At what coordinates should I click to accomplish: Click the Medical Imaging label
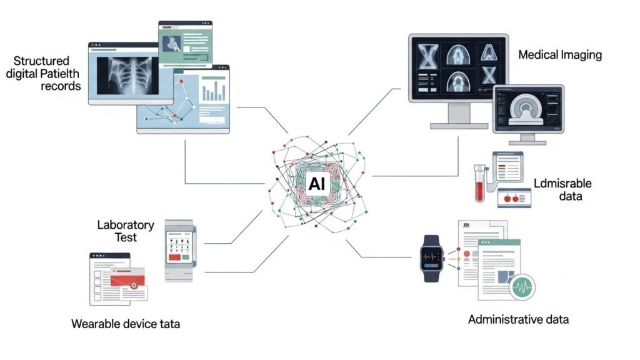pyautogui.click(x=560, y=55)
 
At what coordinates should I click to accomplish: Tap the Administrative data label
pyautogui.click(x=518, y=320)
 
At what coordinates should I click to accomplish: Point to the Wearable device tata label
pyautogui.click(x=126, y=324)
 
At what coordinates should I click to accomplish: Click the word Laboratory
pyautogui.click(x=125, y=224)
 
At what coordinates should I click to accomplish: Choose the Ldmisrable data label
pyautogui.click(x=562, y=189)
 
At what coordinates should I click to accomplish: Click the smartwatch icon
pyautogui.click(x=432, y=258)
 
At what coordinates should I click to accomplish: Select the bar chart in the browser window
pyautogui.click(x=214, y=91)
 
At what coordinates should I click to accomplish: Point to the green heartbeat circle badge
pyautogui.click(x=523, y=288)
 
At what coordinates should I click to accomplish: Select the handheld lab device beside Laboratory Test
pyautogui.click(x=179, y=250)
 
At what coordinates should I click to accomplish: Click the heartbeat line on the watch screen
pyautogui.click(x=432, y=255)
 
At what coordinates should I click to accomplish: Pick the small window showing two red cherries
pyautogui.click(x=514, y=198)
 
